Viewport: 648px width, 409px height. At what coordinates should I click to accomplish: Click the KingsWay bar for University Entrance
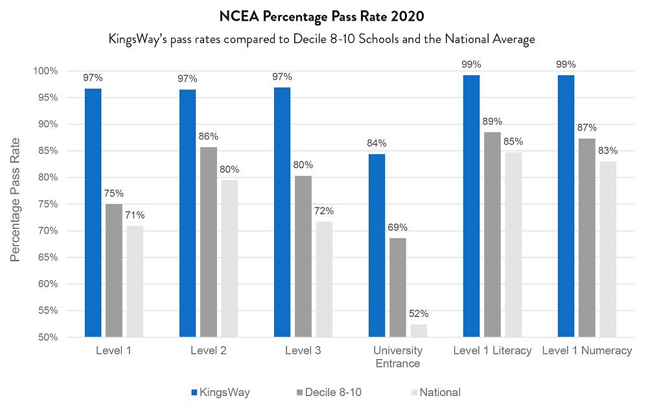[x=376, y=246]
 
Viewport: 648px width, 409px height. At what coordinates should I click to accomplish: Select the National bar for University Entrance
[x=419, y=331]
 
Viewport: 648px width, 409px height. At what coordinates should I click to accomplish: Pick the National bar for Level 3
[x=324, y=279]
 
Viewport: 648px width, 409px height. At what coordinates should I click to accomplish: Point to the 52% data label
[x=419, y=314]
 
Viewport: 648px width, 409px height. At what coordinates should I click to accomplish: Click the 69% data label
[x=398, y=228]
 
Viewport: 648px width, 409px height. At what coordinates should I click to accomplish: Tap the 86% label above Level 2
[x=209, y=137]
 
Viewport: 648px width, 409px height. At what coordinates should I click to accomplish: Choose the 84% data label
[x=376, y=143]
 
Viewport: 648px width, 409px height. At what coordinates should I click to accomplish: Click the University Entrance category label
[x=398, y=356]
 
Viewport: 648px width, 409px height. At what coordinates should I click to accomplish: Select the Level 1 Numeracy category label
[x=587, y=351]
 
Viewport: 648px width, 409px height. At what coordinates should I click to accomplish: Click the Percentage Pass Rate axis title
[x=16, y=199]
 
